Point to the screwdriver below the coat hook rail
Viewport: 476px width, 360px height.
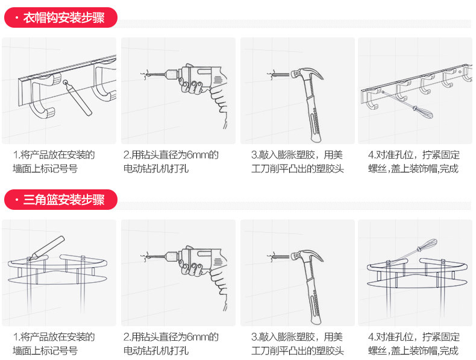(419, 110)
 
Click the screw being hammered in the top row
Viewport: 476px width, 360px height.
(279, 75)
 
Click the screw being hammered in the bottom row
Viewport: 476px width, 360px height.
(279, 256)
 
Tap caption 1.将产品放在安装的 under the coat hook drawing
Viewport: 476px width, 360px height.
(54, 155)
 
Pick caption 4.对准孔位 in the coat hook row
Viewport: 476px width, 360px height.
(392, 155)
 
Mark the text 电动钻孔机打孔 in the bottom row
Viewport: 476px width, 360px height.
(156, 350)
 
